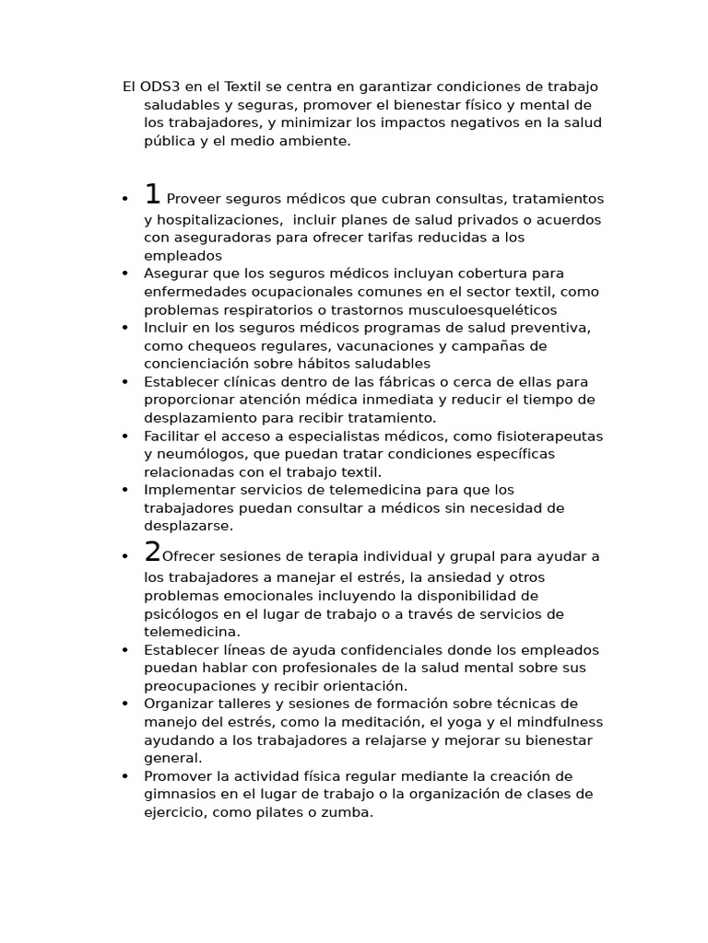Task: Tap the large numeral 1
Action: [152, 194]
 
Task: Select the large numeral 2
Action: [152, 552]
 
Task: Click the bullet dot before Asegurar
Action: [124, 274]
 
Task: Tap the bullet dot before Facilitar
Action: [124, 436]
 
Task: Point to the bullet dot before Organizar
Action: [124, 704]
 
